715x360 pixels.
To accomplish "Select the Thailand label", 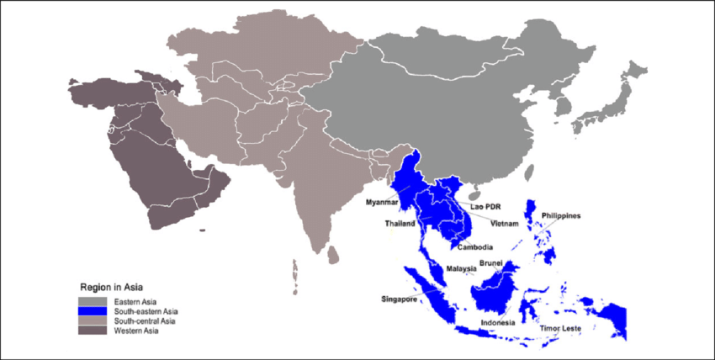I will [x=400, y=225].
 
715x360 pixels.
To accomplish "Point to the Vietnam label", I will [x=505, y=225].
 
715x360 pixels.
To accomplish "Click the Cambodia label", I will [x=474, y=247].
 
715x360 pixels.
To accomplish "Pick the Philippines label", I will [x=561, y=216].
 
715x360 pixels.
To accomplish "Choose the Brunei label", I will [x=490, y=263].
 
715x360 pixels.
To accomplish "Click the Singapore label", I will [x=400, y=299].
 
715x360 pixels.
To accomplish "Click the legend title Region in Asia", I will [x=112, y=285].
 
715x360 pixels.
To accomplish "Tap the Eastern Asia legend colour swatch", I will [x=91, y=301].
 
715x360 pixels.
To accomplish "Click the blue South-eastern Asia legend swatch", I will [x=91, y=311].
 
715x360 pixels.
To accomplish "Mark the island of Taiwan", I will [x=528, y=173].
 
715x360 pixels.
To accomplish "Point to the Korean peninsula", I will [x=561, y=108].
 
